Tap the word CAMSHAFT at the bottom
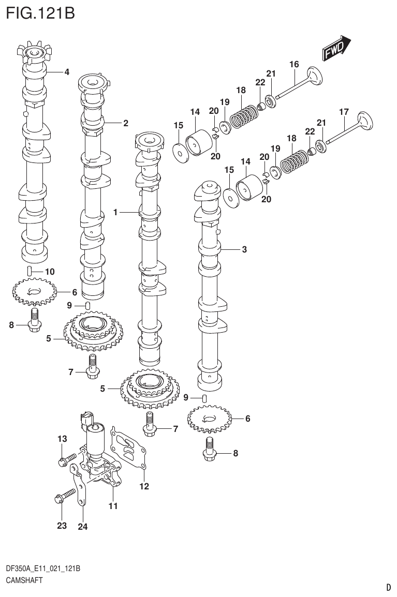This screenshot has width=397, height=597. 24,580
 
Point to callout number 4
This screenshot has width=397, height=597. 67,72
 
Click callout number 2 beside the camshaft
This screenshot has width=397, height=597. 125,123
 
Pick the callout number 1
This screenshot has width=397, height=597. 116,212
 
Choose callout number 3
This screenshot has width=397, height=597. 244,249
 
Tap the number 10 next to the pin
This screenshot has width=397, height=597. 50,271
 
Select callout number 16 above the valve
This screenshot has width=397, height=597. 294,65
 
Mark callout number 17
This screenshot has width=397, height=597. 344,112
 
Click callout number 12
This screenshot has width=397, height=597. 144,486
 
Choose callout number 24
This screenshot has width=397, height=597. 83,527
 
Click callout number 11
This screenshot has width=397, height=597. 113,506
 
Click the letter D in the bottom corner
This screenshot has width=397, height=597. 388,587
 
